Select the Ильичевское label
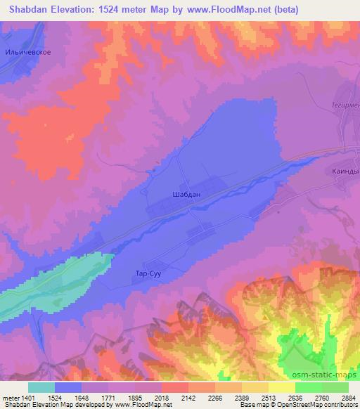click(x=28, y=53)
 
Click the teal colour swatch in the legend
click(x=41, y=387)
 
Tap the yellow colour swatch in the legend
click(x=281, y=387)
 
